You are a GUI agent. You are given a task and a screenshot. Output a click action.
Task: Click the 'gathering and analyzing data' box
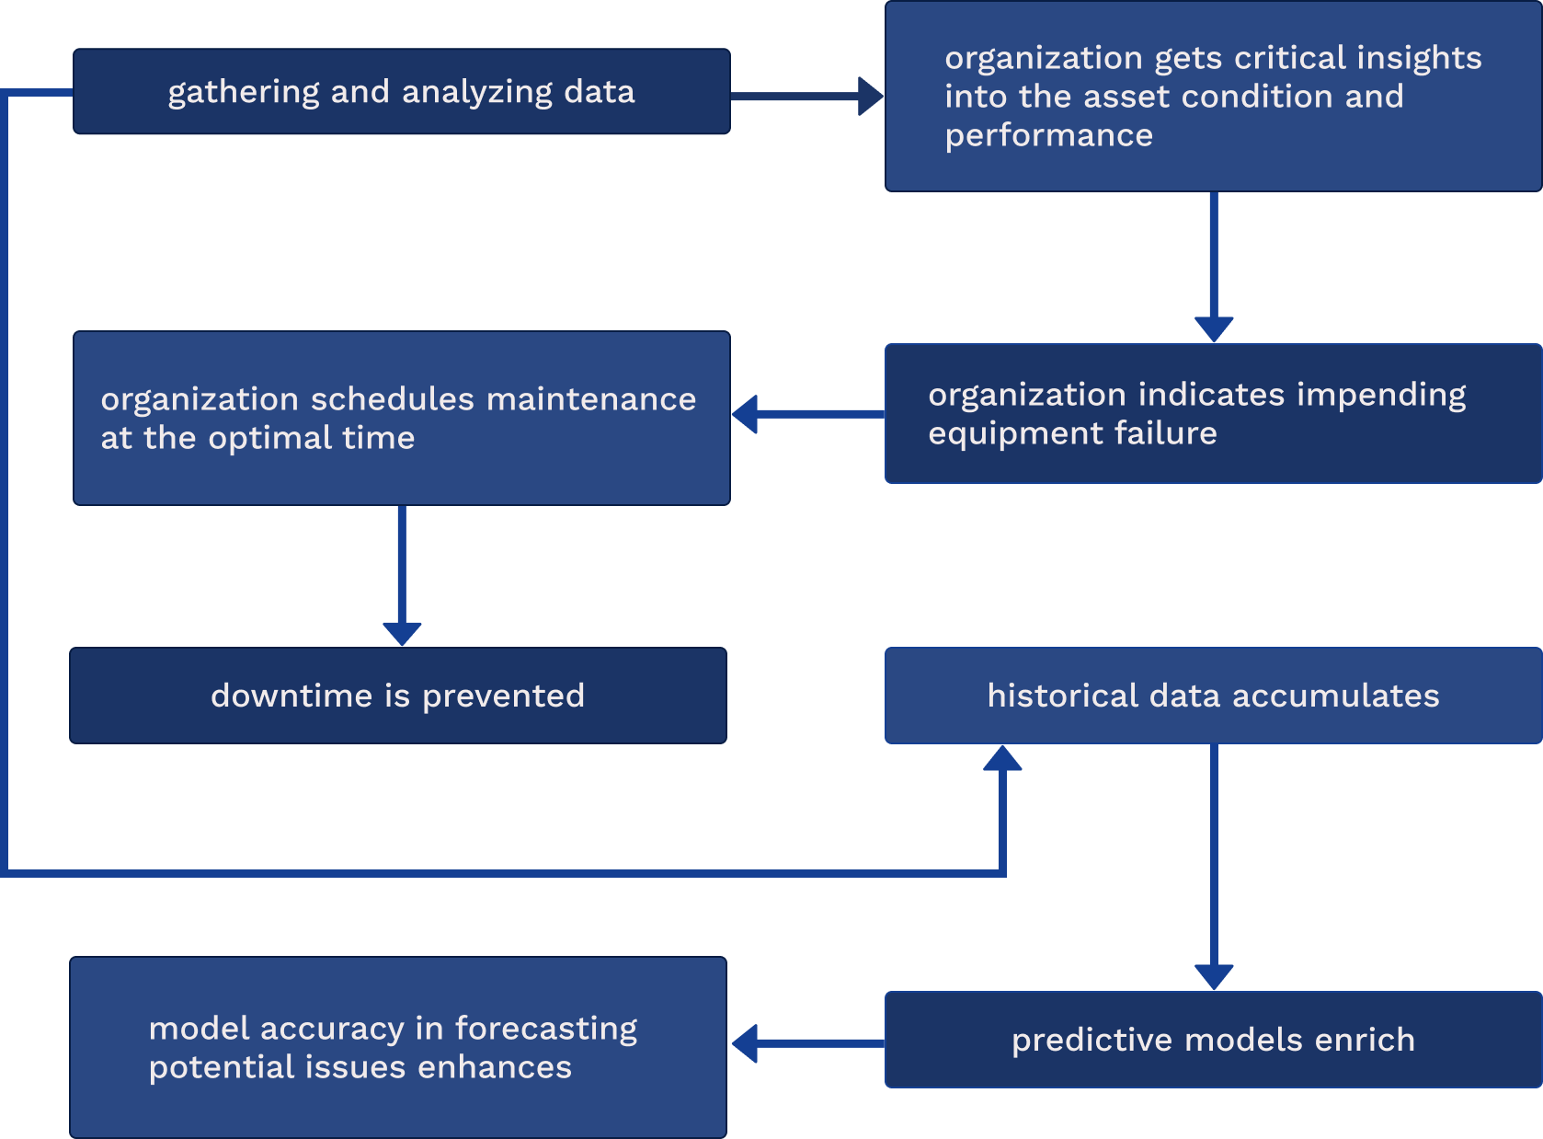tap(401, 92)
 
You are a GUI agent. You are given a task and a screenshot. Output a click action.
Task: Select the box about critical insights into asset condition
tap(1212, 97)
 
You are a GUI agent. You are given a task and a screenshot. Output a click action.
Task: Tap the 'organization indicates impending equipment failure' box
tap(1212, 414)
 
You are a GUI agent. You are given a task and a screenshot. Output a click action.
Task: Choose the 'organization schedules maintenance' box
tap(401, 418)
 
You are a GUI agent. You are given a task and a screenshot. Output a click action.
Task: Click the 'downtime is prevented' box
tap(397, 696)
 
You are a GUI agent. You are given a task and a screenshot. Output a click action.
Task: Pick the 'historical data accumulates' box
tap(1212, 696)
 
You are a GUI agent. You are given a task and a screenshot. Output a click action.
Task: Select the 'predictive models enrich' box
tap(1212, 1040)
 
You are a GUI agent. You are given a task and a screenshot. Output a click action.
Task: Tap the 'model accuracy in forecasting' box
tap(397, 1047)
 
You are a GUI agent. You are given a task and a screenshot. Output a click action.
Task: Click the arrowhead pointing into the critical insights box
tap(870, 96)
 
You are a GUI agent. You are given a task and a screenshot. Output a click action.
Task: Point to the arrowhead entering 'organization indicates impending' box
tap(1213, 329)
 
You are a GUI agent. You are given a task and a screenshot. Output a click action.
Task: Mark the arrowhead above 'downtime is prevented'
tap(402, 633)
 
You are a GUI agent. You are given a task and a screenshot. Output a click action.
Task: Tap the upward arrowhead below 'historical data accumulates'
tap(1002, 758)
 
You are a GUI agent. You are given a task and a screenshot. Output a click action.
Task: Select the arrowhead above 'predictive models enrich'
tap(1213, 976)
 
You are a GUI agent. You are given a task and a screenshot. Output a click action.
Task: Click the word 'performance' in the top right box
tap(1048, 136)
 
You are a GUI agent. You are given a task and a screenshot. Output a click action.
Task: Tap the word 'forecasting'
tap(545, 1029)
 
